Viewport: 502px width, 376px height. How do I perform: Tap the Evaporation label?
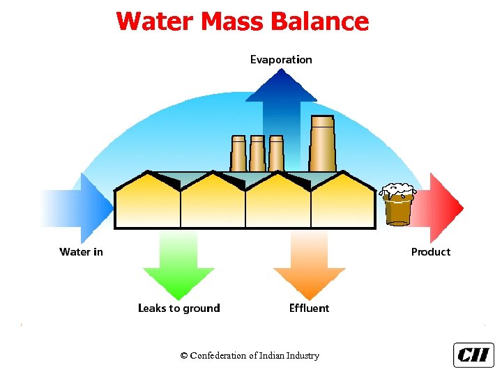point(281,60)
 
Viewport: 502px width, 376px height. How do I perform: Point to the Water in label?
point(81,252)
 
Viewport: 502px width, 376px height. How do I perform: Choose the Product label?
point(430,252)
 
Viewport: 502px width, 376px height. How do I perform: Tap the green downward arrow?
point(178,265)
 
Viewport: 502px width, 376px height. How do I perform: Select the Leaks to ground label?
point(178,308)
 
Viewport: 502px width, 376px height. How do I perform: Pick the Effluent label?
point(309,308)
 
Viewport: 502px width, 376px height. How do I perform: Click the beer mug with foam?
point(398,204)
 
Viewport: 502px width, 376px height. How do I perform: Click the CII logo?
point(473,355)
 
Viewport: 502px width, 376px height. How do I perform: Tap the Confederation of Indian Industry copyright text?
point(250,356)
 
